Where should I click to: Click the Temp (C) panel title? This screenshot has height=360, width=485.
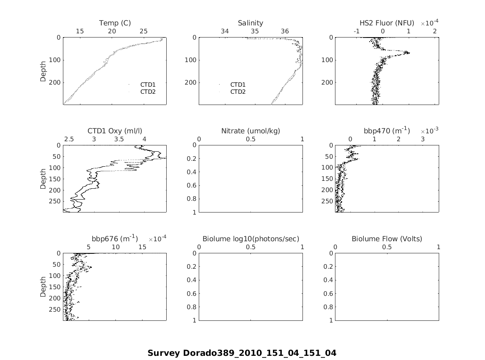tap(115, 23)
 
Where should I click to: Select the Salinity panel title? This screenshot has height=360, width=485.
tap(250, 23)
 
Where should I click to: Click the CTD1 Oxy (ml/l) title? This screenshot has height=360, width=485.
tap(115, 131)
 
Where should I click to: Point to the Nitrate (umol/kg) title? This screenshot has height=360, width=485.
tap(250, 131)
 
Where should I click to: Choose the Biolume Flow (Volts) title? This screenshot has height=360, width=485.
tap(387, 239)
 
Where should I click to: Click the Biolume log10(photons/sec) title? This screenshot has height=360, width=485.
tap(250, 239)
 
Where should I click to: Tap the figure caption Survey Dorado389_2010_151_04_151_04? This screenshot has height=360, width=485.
tap(242, 353)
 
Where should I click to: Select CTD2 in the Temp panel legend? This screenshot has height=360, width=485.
tap(147, 92)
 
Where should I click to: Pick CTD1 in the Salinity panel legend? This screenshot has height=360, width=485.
tap(238, 85)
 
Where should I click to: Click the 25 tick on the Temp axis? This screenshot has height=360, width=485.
tap(144, 31)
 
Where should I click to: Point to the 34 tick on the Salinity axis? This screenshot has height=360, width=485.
tap(225, 31)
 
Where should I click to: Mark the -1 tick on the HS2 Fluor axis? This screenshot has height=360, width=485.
tap(357, 31)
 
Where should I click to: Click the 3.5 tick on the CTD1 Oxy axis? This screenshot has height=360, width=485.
tap(119, 139)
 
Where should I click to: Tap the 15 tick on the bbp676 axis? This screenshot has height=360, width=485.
tap(142, 247)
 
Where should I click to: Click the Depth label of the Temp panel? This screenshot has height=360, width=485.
tap(43, 71)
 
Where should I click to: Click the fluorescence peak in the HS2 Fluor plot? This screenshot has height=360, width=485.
tap(408, 53)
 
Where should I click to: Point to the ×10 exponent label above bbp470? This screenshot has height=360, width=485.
tap(429, 131)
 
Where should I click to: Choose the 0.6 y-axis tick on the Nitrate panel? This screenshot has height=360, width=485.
tap(192, 185)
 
